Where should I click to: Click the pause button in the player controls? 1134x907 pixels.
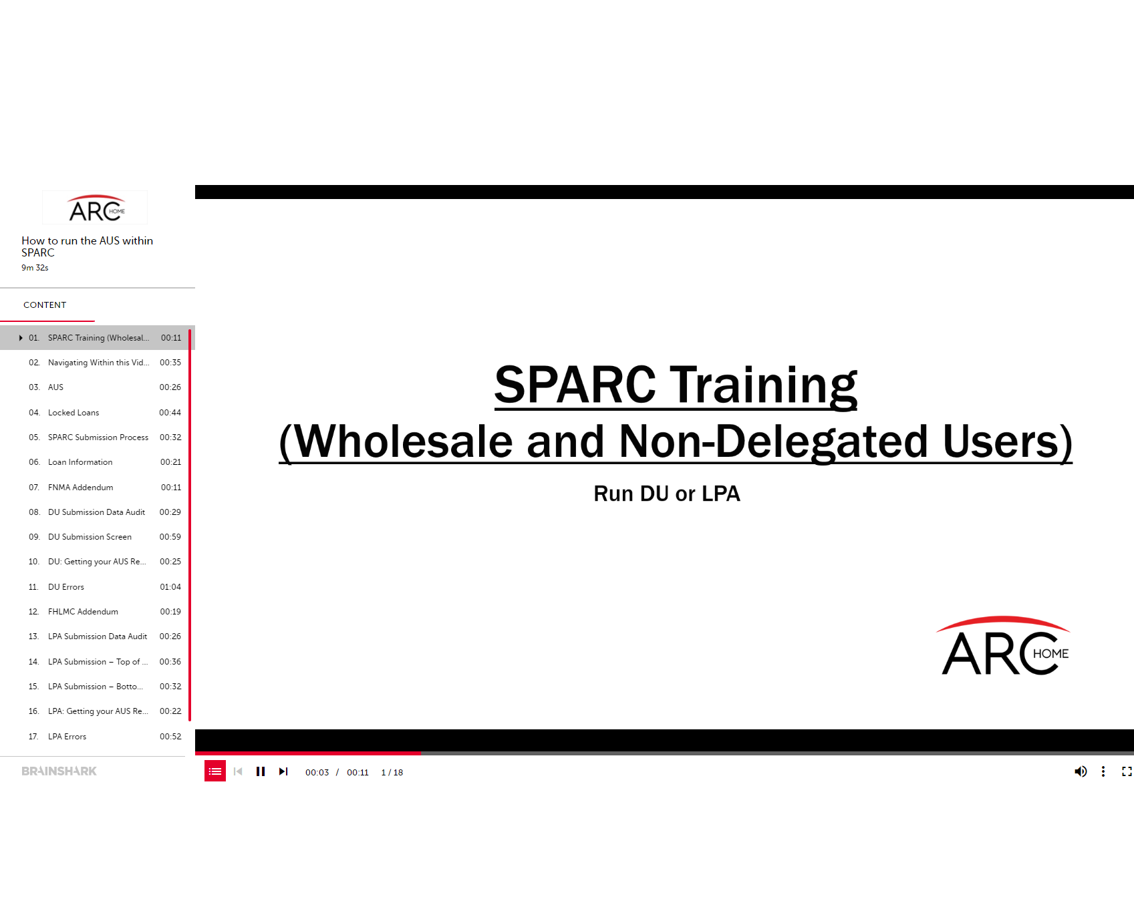coord(261,771)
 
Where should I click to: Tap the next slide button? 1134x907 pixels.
coord(283,771)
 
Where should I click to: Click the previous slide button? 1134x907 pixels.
coord(238,771)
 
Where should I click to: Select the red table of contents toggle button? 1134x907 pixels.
coord(215,771)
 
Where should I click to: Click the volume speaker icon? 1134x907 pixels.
coord(1081,771)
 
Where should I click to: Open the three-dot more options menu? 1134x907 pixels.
coord(1103,771)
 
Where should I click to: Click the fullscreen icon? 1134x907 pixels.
coord(1127,771)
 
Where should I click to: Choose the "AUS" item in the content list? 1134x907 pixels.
coord(55,387)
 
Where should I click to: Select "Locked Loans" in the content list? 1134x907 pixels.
coord(74,413)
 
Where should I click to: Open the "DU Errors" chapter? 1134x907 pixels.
coord(66,587)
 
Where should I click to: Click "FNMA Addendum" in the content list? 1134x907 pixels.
coord(81,488)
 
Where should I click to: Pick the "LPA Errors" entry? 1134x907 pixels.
coord(67,737)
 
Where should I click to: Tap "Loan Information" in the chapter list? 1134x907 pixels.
coord(80,462)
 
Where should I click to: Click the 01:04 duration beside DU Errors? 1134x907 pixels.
coord(170,587)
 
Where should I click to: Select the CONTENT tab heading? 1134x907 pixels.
coord(45,305)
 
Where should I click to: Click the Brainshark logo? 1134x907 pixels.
coord(59,771)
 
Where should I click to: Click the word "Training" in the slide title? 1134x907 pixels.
coord(763,385)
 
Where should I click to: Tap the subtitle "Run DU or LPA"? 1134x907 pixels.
coord(667,494)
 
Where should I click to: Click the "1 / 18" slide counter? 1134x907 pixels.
coord(392,773)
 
